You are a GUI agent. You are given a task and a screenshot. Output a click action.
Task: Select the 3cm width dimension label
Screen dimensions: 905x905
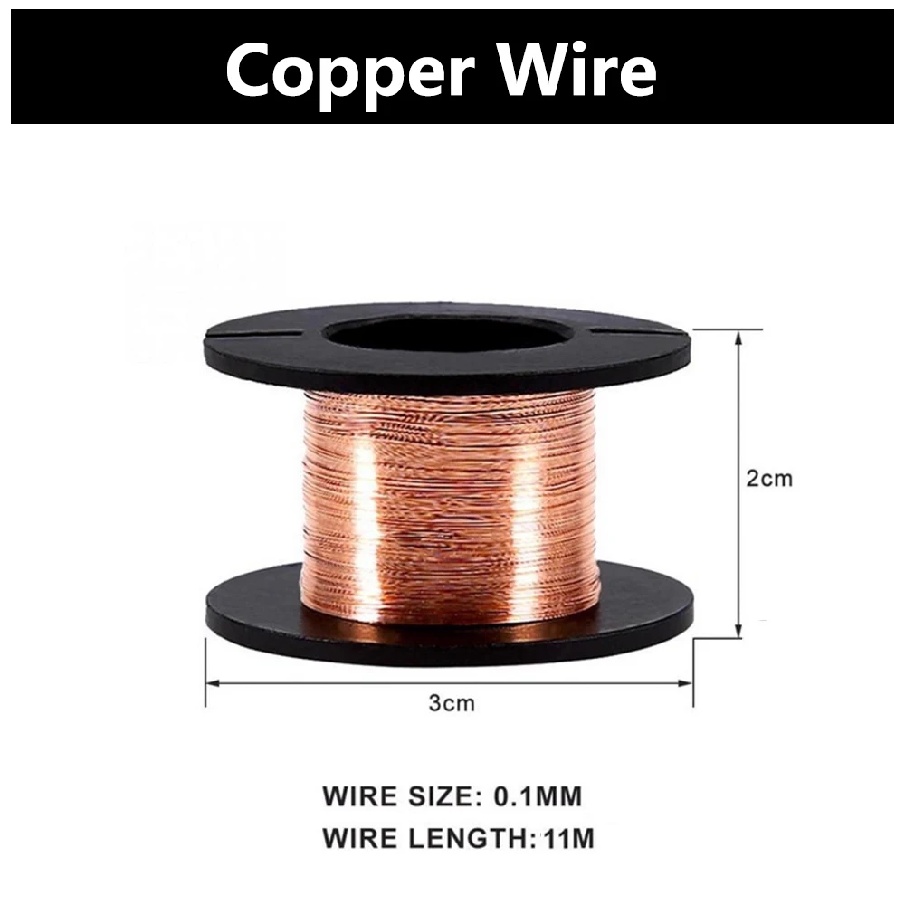(452, 703)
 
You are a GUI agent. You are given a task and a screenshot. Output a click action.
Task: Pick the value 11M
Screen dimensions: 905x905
(570, 839)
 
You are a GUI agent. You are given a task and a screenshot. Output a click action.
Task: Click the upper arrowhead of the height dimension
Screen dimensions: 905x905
(740, 335)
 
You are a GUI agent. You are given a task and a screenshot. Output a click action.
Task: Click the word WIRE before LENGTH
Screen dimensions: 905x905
(360, 839)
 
